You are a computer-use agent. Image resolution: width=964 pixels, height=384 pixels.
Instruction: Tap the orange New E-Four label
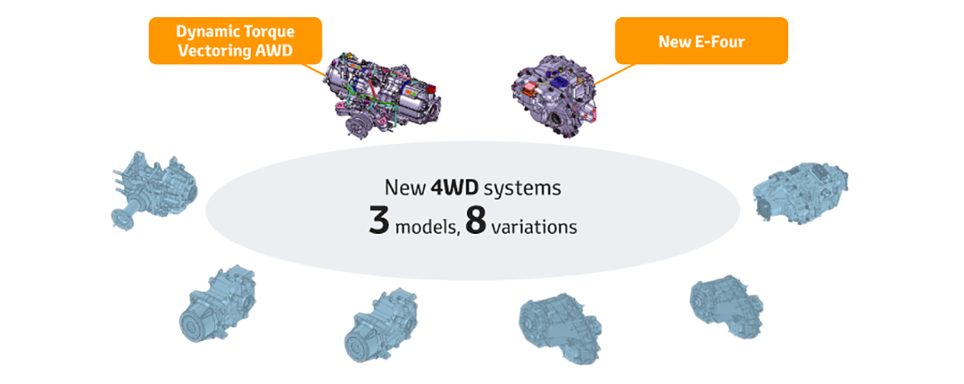[702, 41]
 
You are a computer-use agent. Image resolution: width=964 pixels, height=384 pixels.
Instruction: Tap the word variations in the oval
[533, 227]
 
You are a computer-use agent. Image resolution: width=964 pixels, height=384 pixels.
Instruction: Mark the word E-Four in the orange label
[718, 41]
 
